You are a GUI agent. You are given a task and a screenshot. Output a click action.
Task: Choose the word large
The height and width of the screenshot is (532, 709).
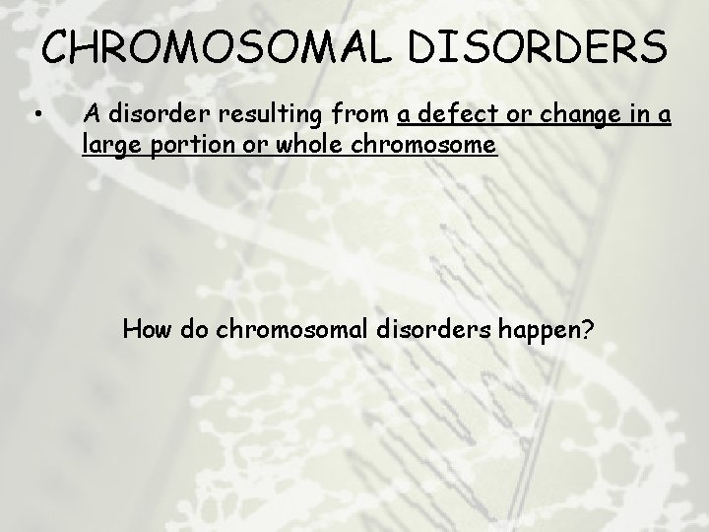(109, 148)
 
